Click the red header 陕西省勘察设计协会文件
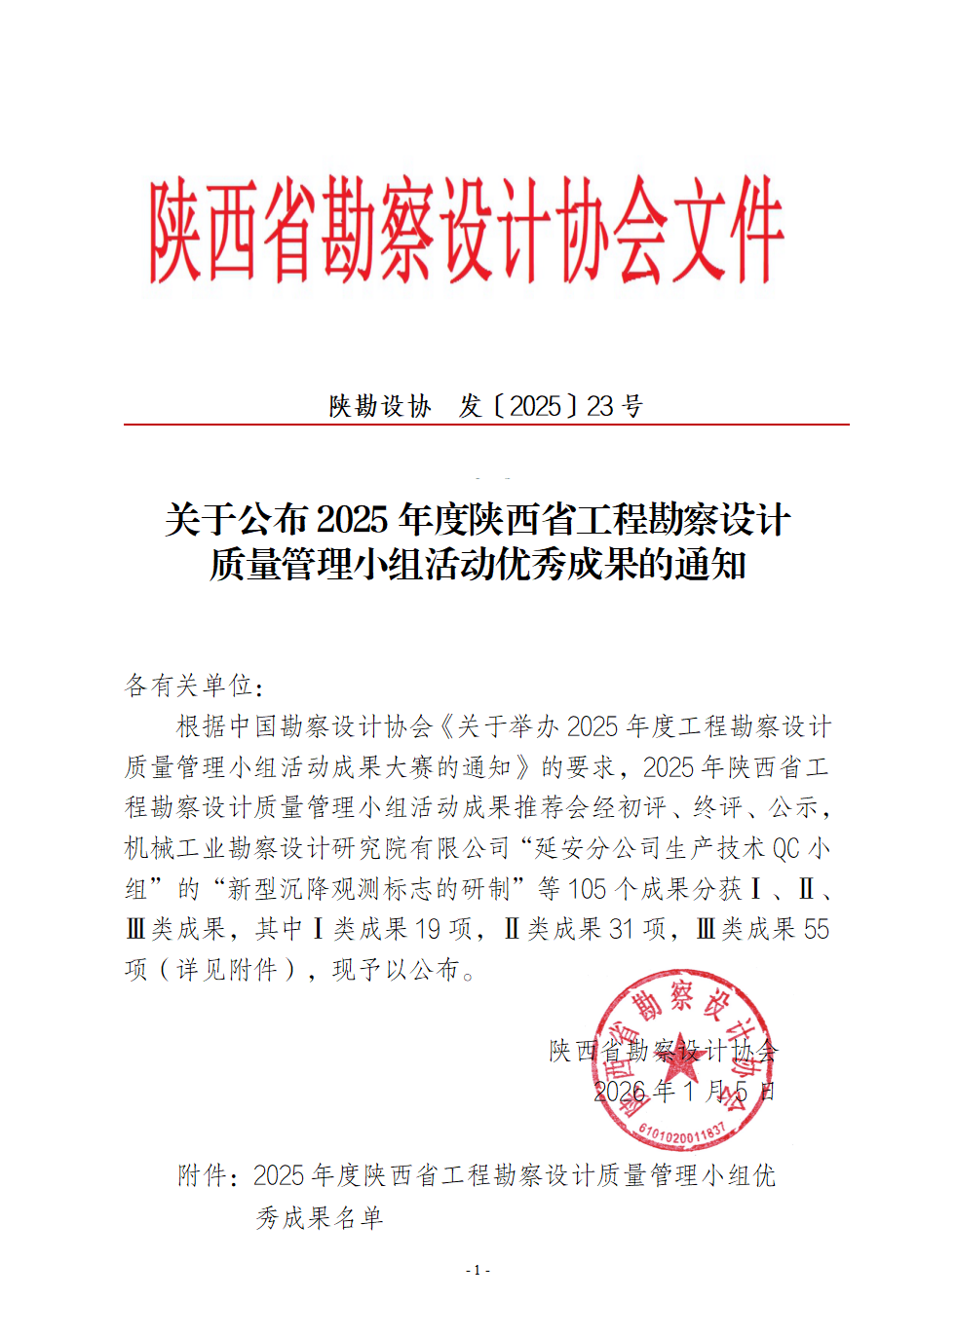[466, 230]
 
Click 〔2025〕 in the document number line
[537, 406]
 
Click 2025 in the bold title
[352, 520]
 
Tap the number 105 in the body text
[587, 889]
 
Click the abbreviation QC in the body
[786, 848]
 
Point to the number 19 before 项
[427, 929]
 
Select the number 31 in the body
[622, 929]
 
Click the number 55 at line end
[817, 929]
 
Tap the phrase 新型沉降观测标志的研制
[368, 889]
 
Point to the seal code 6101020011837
[682, 1132]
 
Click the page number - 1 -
[478, 1270]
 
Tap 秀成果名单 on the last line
[320, 1217]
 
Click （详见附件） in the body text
[226, 970]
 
